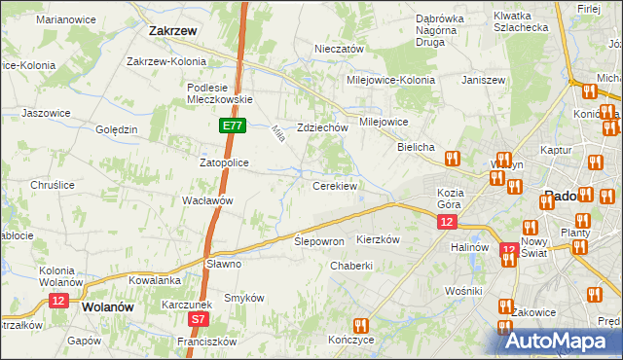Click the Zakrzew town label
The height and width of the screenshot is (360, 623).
point(173,30)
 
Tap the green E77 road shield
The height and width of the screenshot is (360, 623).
point(231,126)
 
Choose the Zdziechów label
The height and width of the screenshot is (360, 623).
point(322,127)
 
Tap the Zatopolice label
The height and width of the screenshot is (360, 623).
point(227,162)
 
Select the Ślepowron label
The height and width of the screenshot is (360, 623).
point(319,240)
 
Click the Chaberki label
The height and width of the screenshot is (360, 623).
point(352,266)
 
